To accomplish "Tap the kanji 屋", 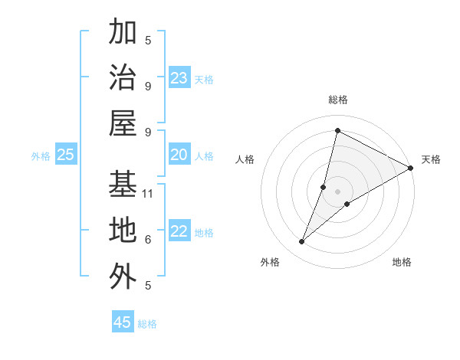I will coord(123,123).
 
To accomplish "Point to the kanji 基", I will coord(123,184).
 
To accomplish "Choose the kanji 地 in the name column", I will coord(123,230).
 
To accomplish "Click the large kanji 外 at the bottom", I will coord(123,277).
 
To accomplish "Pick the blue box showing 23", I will coord(179,78).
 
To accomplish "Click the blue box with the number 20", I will coord(179,155).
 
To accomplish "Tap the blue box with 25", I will coord(65,155).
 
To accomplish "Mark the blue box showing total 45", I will coord(123,322).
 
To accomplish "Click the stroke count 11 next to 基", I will coord(149,193).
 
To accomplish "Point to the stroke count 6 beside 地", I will coord(148,239).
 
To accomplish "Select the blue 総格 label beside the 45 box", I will coord(147,324).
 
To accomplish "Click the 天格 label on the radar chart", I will coord(431,159).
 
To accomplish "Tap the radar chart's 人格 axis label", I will coord(245,159).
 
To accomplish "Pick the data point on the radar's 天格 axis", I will coord(411,168).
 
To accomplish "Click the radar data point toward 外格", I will coord(302,242).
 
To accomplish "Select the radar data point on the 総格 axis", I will coord(337,131).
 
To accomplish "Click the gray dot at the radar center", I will coord(337,191).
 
